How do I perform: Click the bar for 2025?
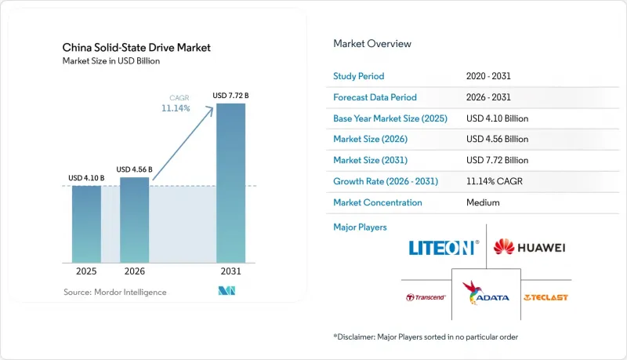click(x=86, y=224)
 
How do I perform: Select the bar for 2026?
click(x=134, y=220)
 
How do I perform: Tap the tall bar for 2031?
click(x=230, y=184)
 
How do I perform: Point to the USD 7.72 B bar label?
click(x=230, y=96)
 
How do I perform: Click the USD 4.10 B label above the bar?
click(x=86, y=178)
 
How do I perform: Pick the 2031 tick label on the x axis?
click(x=230, y=271)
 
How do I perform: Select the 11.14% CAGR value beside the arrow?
click(x=176, y=108)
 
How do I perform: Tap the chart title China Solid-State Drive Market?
click(x=136, y=48)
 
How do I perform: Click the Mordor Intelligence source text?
click(x=114, y=293)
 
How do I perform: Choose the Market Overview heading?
click(x=372, y=44)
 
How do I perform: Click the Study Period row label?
click(x=359, y=76)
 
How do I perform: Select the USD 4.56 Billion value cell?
click(x=497, y=139)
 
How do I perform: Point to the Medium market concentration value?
click(x=483, y=202)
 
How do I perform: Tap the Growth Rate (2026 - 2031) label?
click(x=386, y=181)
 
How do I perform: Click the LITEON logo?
click(x=444, y=248)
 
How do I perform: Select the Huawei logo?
click(x=530, y=247)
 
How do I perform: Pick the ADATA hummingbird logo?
click(x=486, y=293)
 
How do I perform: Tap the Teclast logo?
click(x=545, y=297)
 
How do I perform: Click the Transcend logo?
click(x=426, y=297)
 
